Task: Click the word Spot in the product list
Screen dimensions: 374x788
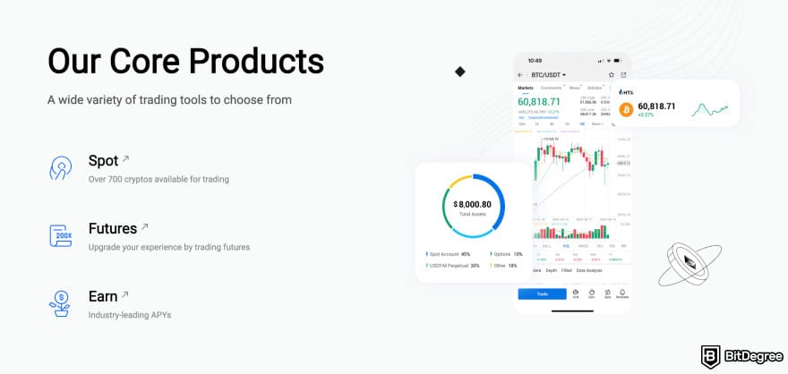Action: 103,161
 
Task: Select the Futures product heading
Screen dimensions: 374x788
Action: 112,228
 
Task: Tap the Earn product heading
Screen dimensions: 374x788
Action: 103,296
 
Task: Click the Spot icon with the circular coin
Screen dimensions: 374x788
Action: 60,167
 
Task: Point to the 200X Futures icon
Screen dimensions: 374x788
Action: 60,235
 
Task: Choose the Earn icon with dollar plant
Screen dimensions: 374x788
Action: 60,303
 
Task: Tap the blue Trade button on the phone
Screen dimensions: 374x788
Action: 542,293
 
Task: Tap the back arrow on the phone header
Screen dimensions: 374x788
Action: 522,74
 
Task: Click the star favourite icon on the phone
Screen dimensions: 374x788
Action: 611,74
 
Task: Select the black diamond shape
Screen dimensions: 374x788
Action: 460,71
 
